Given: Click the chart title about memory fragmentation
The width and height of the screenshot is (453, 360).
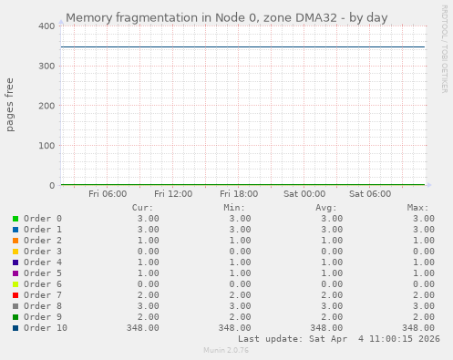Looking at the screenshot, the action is [x=226, y=17].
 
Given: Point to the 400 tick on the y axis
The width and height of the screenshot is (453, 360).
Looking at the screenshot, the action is [x=45, y=26].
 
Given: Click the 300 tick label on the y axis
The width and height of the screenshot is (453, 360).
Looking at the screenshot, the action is [x=45, y=67].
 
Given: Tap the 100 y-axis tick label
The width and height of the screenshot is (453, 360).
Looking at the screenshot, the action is [x=45, y=146].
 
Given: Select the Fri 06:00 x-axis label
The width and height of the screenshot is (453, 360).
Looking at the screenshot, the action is [x=108, y=193].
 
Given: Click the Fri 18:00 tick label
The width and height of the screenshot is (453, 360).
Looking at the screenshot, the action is [x=239, y=193].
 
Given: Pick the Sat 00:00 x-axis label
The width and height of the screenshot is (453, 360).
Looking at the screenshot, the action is [x=304, y=193].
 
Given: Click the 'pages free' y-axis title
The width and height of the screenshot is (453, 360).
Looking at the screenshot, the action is [x=11, y=106].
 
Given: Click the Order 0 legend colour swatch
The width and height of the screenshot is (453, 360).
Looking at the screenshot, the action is [x=15, y=219].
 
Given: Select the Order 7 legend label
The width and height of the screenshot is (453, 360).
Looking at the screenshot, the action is [x=43, y=295].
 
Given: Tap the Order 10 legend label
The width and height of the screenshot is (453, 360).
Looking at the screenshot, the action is [x=46, y=328].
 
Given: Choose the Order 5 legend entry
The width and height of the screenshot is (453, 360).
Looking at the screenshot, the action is [x=43, y=273].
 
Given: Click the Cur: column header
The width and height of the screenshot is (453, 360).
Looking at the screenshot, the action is [x=143, y=208].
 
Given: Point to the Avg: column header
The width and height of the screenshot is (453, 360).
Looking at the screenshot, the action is [x=326, y=208].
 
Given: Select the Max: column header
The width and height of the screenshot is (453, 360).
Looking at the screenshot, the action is [x=417, y=208].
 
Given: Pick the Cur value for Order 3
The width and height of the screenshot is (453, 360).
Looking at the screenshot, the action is [x=148, y=252].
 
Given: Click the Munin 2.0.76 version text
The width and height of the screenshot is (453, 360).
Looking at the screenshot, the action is [x=226, y=350].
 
